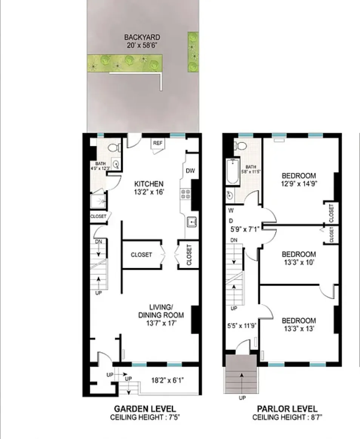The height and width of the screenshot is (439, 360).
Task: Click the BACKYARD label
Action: pyautogui.click(x=142, y=37)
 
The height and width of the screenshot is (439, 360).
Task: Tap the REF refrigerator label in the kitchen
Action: pyautogui.click(x=157, y=143)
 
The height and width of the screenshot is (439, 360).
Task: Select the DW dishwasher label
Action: pyautogui.click(x=191, y=171)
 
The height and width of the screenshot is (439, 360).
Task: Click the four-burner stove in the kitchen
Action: pyautogui.click(x=186, y=194)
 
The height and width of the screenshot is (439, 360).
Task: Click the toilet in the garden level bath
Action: pyautogui.click(x=114, y=148)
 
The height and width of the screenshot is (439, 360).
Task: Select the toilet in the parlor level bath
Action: pyautogui.click(x=240, y=145)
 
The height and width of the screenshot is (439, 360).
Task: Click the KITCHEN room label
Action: pyautogui.click(x=149, y=184)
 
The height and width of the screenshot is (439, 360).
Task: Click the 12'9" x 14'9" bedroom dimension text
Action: pyautogui.click(x=298, y=184)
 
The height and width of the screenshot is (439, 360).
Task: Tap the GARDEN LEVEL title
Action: pyautogui.click(x=145, y=409)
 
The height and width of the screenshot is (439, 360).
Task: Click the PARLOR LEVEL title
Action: pyautogui.click(x=287, y=409)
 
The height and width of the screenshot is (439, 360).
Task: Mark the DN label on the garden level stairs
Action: pyautogui.click(x=98, y=241)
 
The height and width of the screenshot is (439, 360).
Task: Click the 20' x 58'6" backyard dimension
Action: pyautogui.click(x=142, y=45)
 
